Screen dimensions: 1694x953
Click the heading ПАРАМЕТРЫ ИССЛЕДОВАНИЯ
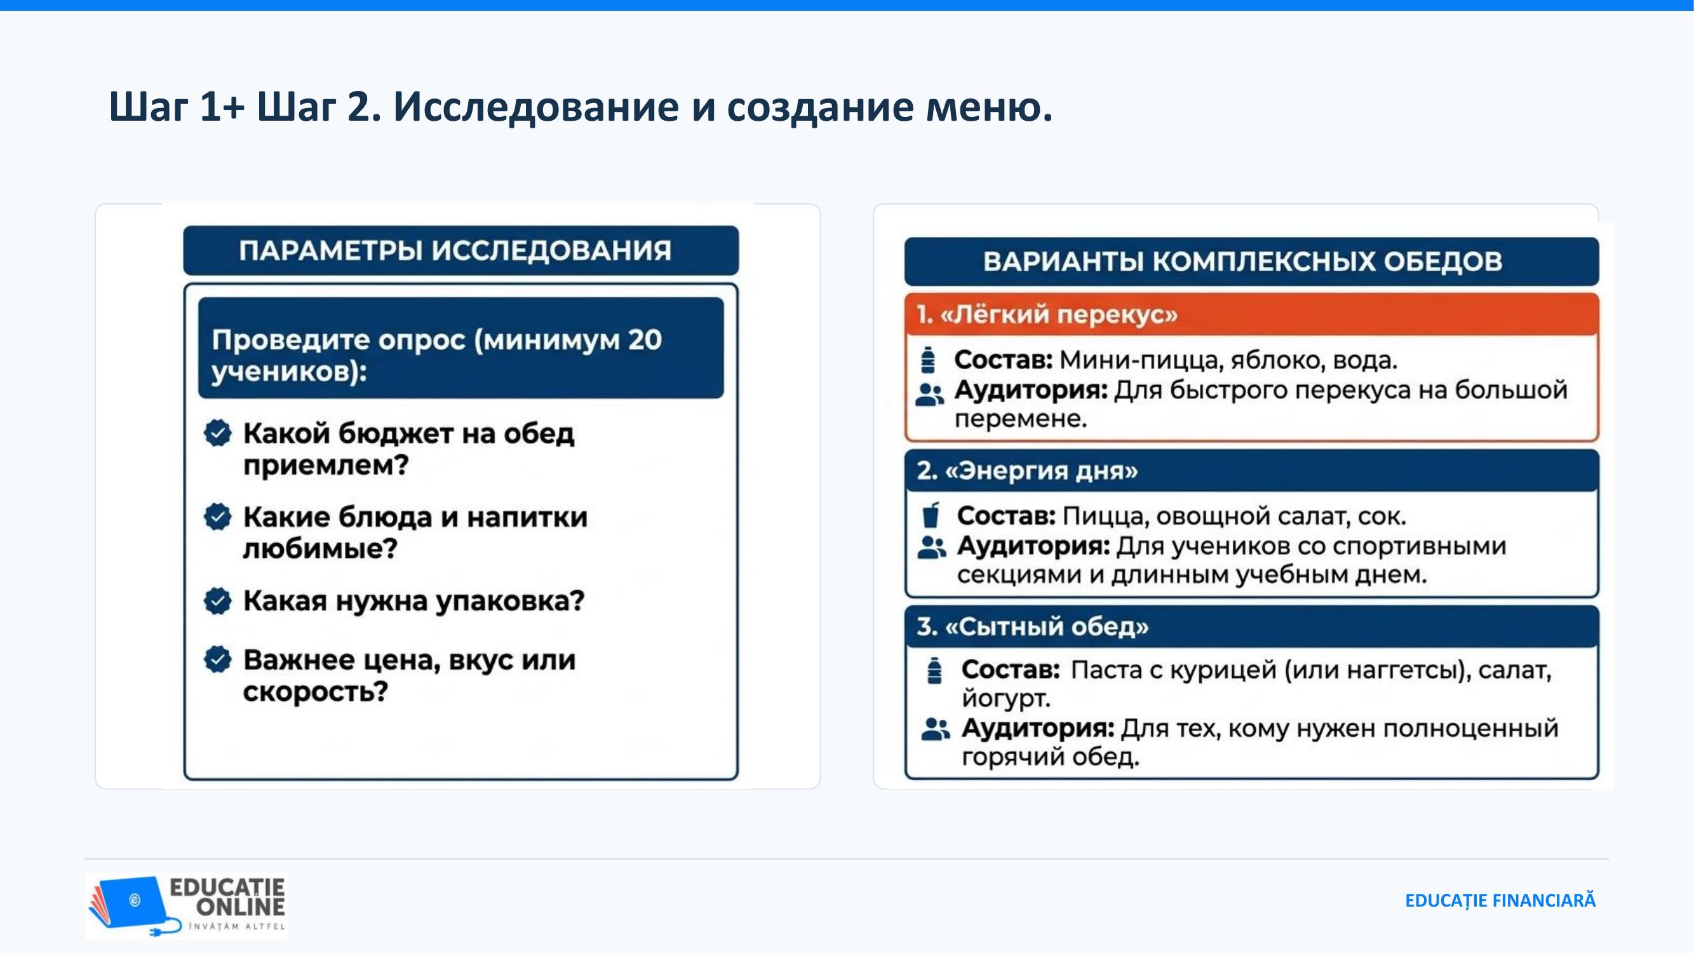(455, 250)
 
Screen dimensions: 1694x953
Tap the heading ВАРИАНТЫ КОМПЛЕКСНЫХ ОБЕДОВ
(1243, 261)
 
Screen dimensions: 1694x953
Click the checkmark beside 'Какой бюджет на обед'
(218, 433)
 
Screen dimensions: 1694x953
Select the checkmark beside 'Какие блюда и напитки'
(218, 517)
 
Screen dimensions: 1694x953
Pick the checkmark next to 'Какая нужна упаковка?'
(218, 600)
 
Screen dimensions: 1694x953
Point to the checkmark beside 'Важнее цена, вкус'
(218, 659)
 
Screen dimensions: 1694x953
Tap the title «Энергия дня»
(1027, 471)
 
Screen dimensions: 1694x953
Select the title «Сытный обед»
(1033, 627)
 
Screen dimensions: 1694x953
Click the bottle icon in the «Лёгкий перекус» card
(928, 360)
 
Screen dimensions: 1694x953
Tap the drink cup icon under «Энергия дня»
(931, 515)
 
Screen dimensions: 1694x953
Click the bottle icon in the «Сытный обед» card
(934, 670)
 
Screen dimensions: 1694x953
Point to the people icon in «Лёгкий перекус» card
(930, 395)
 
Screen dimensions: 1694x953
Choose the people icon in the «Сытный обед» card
(936, 729)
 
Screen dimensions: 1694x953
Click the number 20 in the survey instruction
(644, 340)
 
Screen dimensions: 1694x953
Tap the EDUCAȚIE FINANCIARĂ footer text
(1500, 900)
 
